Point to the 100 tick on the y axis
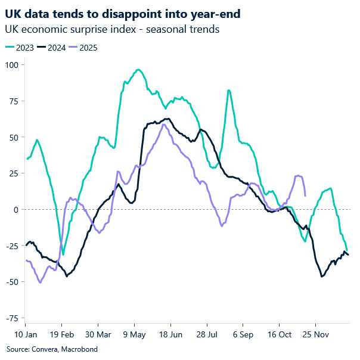coord(12,64)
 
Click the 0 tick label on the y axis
coord(16,209)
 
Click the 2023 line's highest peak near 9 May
coord(138,70)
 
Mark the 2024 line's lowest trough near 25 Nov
coord(322,277)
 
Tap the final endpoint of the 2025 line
coord(305,195)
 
